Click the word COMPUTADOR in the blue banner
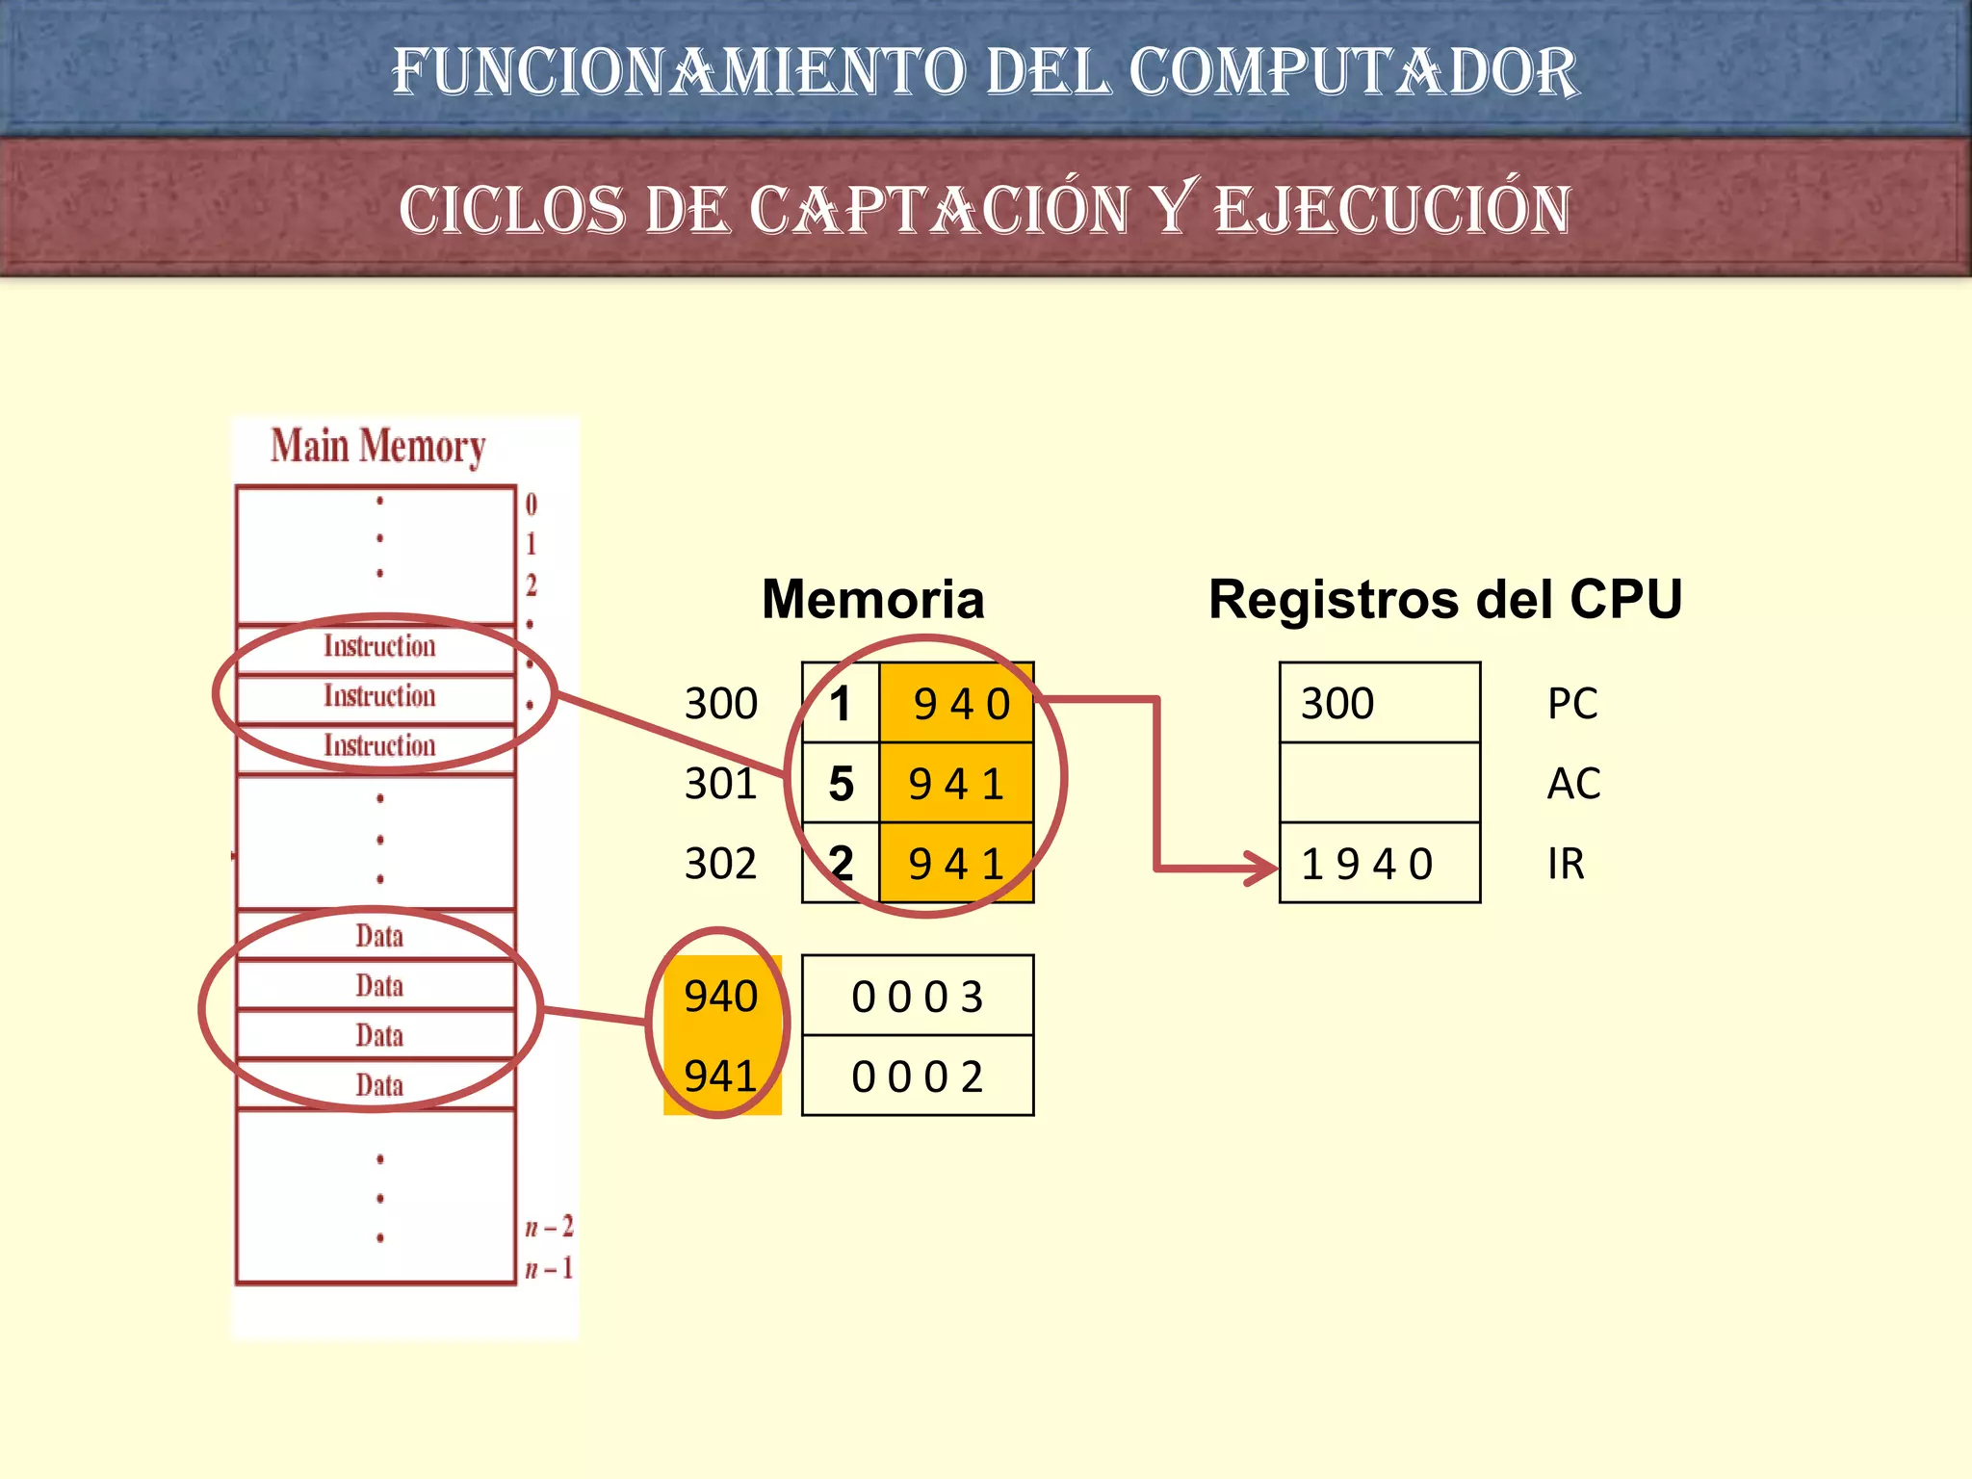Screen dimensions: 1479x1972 coord(1353,72)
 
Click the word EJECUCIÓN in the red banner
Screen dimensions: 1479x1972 coord(1392,210)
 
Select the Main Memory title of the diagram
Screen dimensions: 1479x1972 coord(377,446)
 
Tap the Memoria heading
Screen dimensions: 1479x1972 coord(872,599)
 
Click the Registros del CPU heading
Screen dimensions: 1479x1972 coord(1444,599)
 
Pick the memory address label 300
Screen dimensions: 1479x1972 coord(720,703)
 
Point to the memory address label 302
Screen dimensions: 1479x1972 coord(720,863)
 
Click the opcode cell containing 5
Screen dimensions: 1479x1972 coord(841,783)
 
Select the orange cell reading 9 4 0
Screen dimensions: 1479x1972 coord(957,703)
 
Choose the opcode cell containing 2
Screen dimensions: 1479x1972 coord(841,863)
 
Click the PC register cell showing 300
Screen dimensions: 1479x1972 coord(1379,703)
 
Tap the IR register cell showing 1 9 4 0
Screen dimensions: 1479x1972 coord(1379,863)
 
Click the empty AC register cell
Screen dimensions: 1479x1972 coord(1379,783)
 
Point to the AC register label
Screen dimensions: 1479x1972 coord(1573,783)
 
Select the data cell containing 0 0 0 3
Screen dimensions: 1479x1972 coord(917,997)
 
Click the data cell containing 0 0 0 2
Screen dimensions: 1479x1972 coord(917,1077)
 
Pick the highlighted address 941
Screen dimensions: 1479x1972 coord(720,1076)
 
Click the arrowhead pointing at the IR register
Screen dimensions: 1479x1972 coord(1262,867)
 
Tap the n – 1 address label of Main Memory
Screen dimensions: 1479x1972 coord(549,1268)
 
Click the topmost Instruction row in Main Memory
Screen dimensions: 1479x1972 coord(378,646)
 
